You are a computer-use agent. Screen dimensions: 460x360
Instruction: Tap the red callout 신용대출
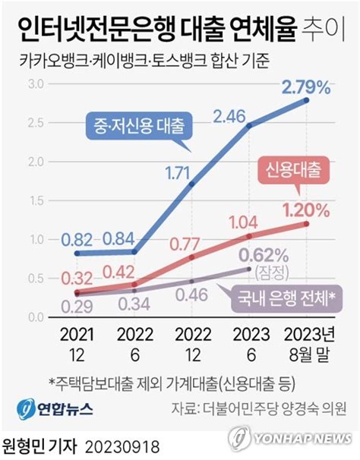(x=293, y=171)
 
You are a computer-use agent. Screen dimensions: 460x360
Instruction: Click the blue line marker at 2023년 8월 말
(x=307, y=100)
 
